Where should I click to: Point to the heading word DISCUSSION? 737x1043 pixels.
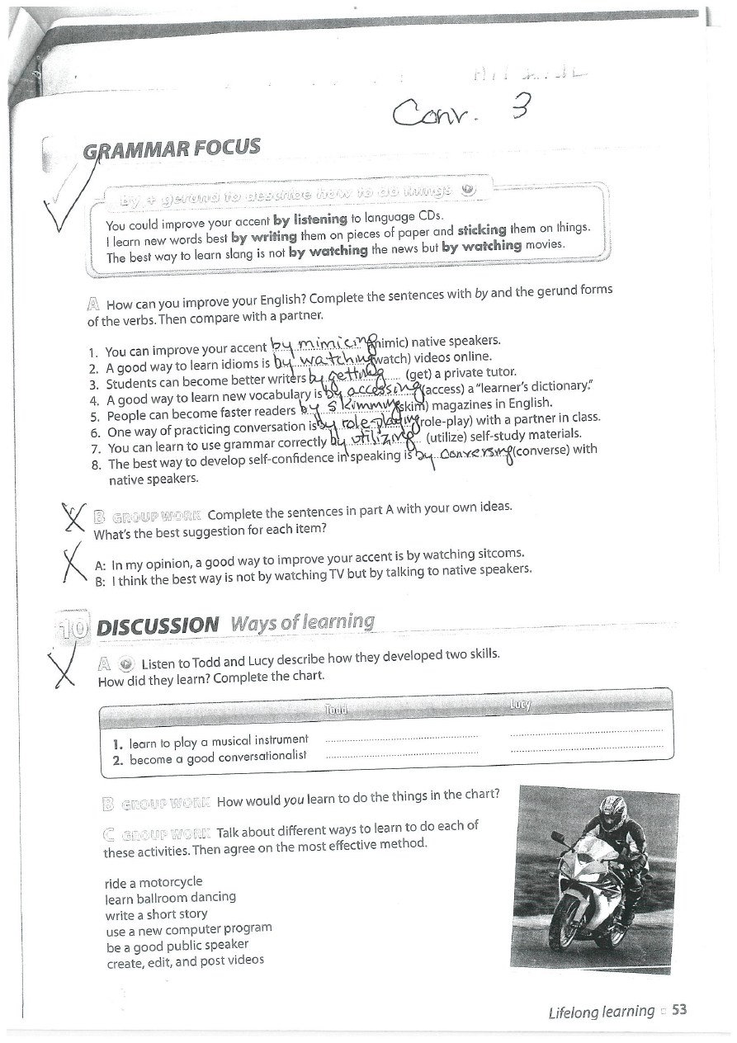click(158, 625)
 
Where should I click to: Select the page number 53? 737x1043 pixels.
click(679, 1011)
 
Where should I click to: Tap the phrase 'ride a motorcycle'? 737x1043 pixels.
click(154, 882)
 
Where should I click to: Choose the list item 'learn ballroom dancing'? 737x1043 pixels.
click(171, 898)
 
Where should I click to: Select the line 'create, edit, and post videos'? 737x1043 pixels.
click(185, 961)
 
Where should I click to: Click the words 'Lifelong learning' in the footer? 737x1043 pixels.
click(601, 1012)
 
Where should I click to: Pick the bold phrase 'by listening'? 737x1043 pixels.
click(309, 219)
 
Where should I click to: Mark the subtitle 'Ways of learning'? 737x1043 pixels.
click(303, 622)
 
